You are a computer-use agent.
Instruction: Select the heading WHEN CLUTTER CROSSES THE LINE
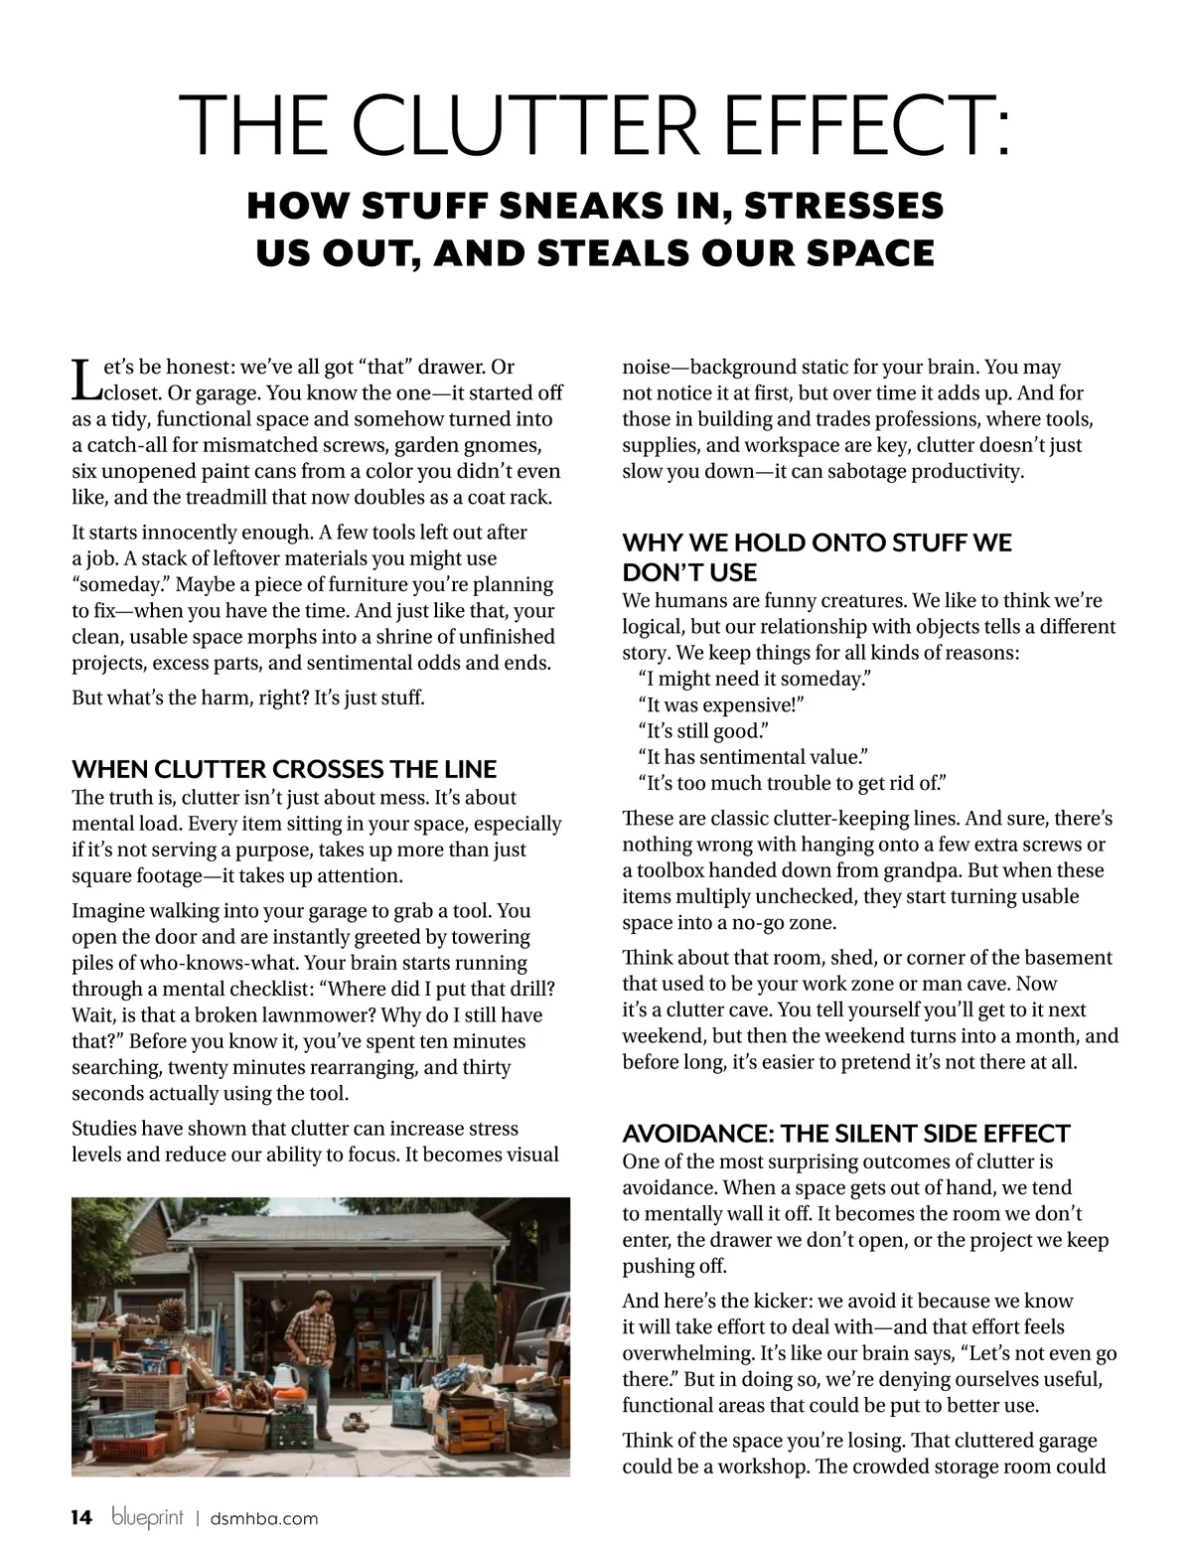pos(284,769)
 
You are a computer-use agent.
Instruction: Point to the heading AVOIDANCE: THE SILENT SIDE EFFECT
pos(845,1134)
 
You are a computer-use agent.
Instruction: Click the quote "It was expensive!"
pos(720,704)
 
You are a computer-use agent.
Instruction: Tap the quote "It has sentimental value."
pos(754,757)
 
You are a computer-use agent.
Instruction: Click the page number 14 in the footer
pos(82,1517)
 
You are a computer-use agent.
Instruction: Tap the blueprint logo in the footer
pos(148,1517)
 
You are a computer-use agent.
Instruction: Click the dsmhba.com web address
pos(264,1518)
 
